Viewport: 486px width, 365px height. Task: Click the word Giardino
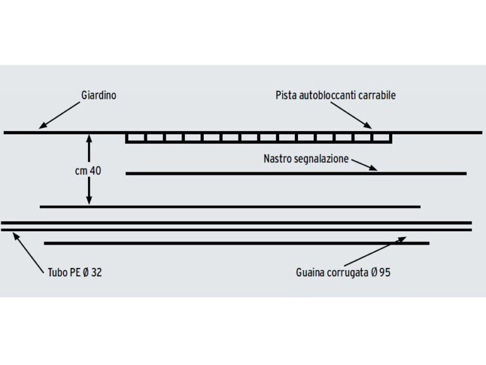(x=99, y=95)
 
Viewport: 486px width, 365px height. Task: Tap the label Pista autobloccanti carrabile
(x=335, y=95)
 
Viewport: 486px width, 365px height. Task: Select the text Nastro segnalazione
(x=306, y=158)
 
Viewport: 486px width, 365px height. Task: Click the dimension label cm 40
(x=87, y=170)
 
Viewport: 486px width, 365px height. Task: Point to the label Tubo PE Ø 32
(x=74, y=273)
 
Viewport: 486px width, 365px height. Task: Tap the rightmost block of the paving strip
(x=382, y=138)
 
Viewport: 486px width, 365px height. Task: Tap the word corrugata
(x=347, y=273)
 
